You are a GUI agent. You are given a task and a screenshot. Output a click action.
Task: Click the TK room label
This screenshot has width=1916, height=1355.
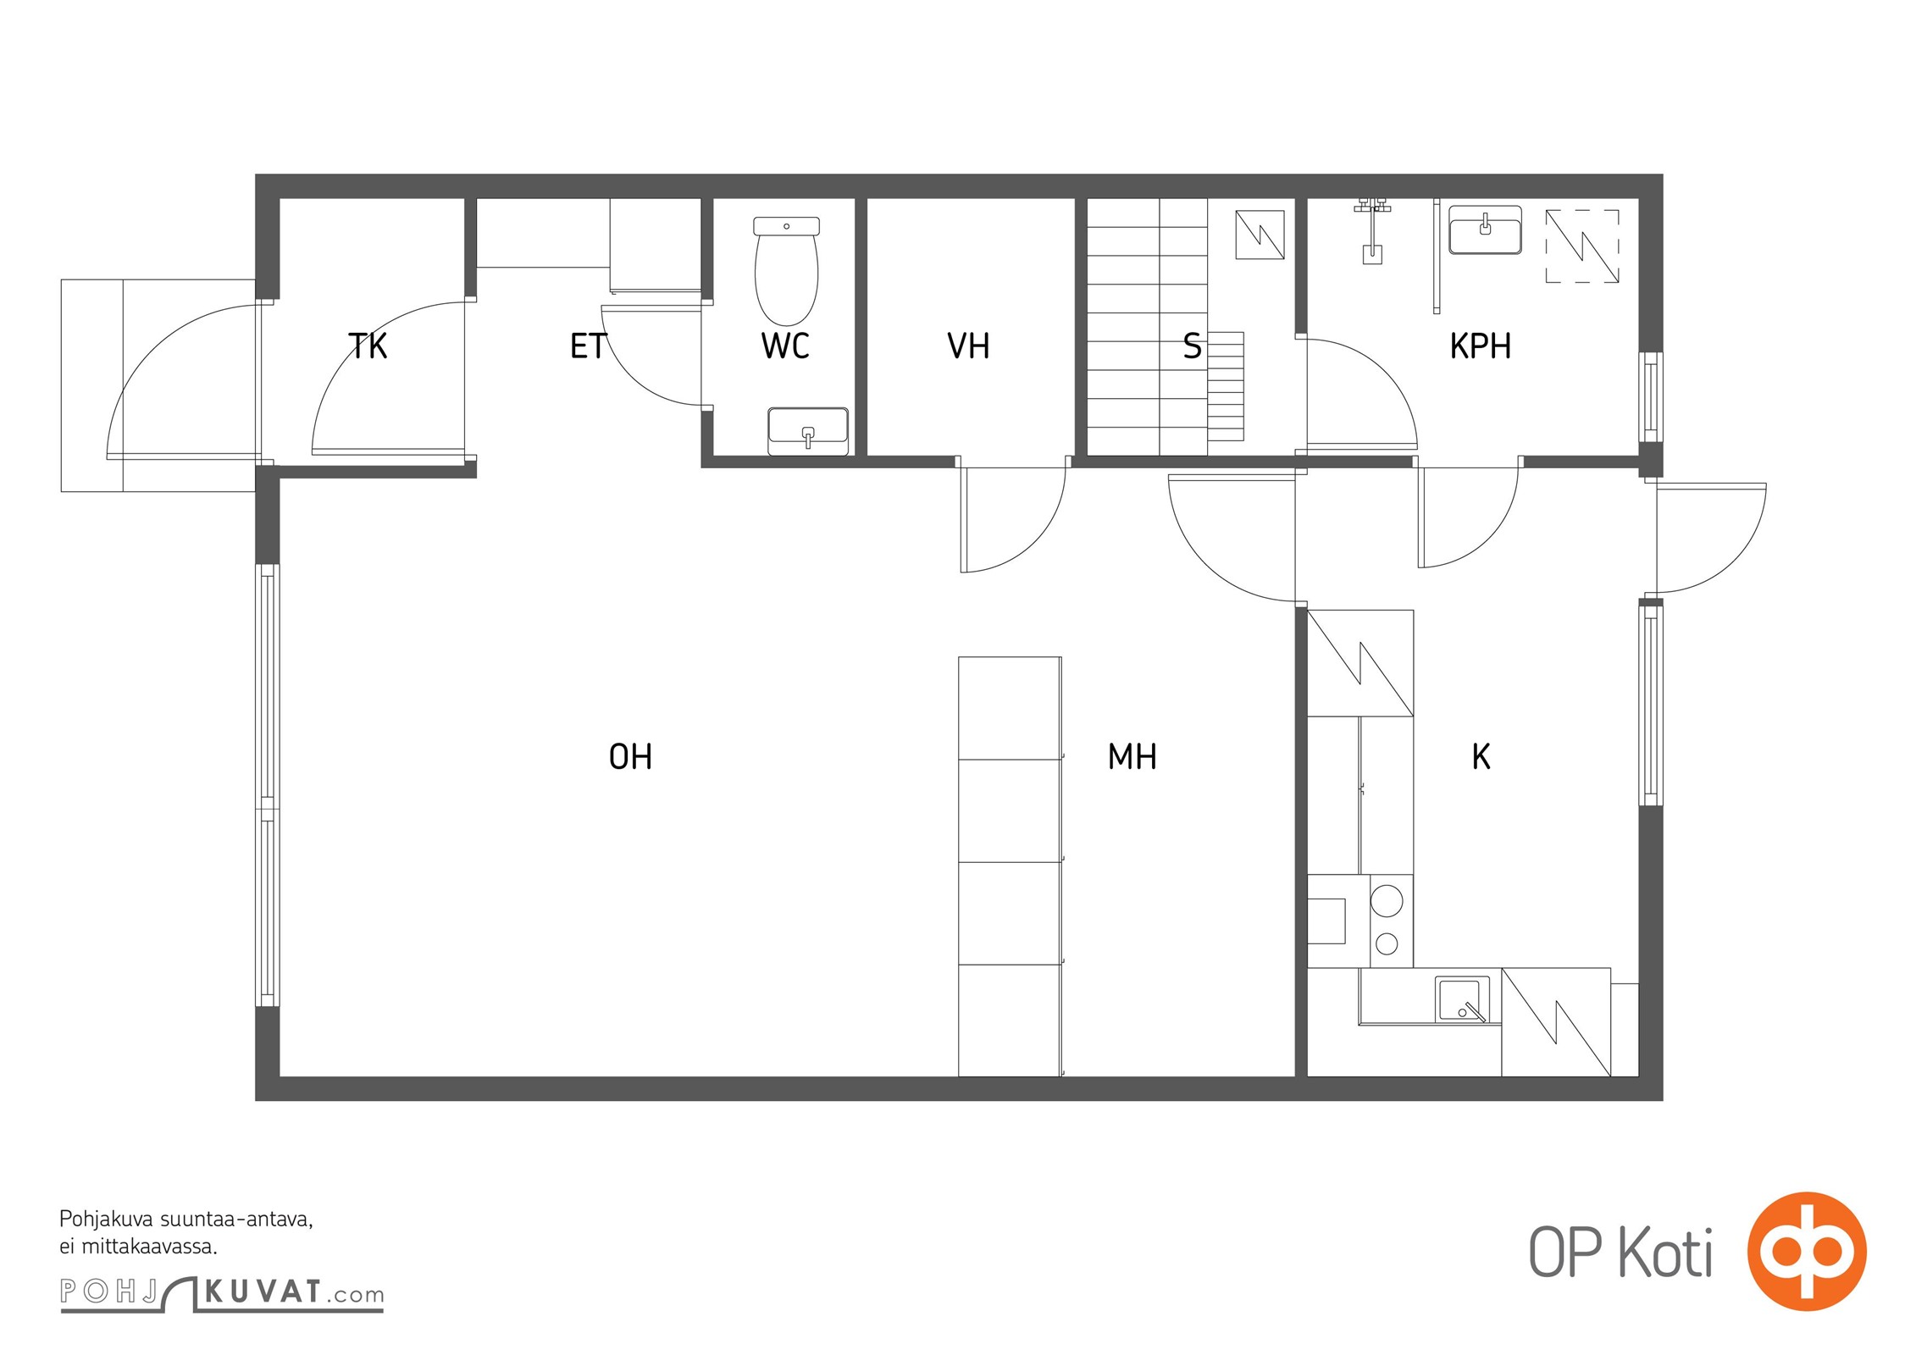pyautogui.click(x=368, y=346)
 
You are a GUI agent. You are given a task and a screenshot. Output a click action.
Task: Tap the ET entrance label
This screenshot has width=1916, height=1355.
pyautogui.click(x=588, y=346)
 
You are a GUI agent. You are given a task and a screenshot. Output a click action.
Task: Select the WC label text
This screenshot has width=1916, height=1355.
pyautogui.click(x=785, y=346)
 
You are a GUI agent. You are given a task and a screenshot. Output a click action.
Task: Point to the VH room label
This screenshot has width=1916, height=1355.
pyautogui.click(x=968, y=346)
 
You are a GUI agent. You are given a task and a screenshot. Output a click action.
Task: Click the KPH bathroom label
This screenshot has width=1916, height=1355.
pyautogui.click(x=1481, y=346)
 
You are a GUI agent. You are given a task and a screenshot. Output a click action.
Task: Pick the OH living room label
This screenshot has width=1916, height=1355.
pyautogui.click(x=631, y=757)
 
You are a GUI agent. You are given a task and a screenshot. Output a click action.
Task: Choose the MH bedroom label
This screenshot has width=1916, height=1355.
pyautogui.click(x=1132, y=757)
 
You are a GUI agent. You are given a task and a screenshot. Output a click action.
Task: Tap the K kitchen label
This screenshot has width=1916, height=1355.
pyautogui.click(x=1481, y=757)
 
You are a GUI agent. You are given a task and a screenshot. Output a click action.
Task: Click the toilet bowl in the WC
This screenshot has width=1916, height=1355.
pyautogui.click(x=786, y=271)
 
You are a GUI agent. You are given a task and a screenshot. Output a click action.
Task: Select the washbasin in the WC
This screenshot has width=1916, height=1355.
pyautogui.click(x=808, y=431)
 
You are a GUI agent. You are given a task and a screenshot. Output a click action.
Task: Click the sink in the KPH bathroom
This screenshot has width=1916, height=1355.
pyautogui.click(x=1485, y=230)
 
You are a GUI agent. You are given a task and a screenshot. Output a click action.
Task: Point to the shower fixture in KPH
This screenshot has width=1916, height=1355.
pyautogui.click(x=1372, y=230)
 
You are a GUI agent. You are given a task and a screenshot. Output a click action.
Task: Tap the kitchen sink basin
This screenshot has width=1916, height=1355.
pyautogui.click(x=1462, y=999)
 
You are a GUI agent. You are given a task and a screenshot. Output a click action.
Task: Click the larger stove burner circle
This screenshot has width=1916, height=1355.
pyautogui.click(x=1387, y=900)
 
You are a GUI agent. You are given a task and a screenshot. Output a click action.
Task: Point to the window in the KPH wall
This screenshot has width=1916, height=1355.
pyautogui.click(x=1650, y=397)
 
